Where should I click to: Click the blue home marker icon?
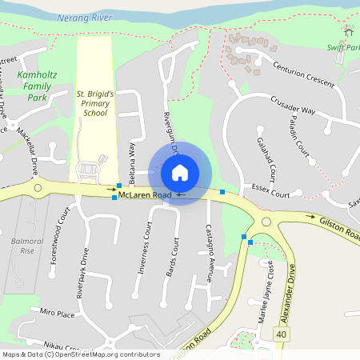pyautogui.click(x=180, y=173)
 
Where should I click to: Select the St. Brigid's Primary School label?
pyautogui.click(x=96, y=103)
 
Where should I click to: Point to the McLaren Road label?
pyautogui.click(x=145, y=195)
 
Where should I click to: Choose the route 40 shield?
pyautogui.click(x=281, y=334)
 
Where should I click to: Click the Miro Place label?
pyautogui.click(x=57, y=311)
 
